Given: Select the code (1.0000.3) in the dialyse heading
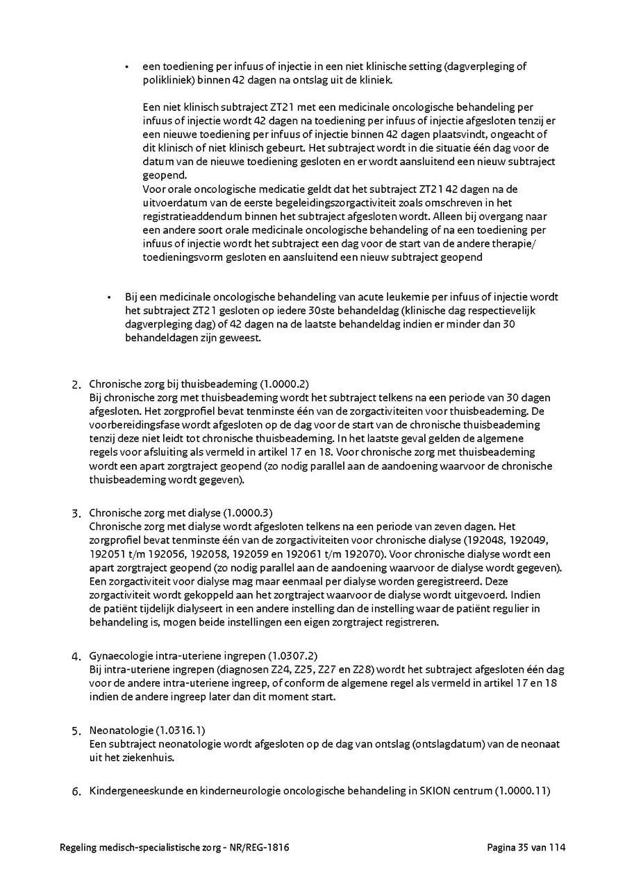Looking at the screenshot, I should (248, 513).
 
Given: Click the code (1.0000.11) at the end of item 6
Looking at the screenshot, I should (522, 791).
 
